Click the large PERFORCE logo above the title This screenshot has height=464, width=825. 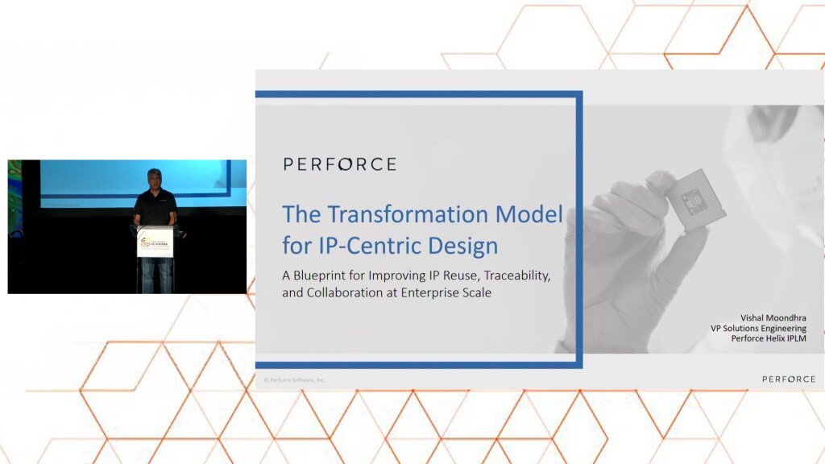339,164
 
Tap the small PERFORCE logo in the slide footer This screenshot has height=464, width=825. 788,379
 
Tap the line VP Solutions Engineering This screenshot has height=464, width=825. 757,329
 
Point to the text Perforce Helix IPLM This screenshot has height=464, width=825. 768,339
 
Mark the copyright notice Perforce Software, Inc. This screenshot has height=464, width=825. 295,379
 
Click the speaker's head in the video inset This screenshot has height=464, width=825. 155,179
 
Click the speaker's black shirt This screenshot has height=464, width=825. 155,208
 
